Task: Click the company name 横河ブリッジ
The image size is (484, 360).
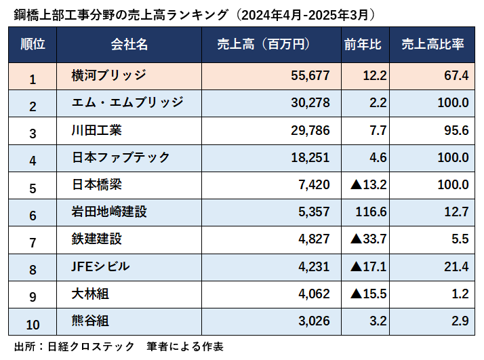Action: click(x=108, y=75)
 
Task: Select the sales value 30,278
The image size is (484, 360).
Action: click(x=309, y=102)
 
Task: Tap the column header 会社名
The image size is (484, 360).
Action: click(x=129, y=45)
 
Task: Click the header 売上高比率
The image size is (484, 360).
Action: click(x=432, y=45)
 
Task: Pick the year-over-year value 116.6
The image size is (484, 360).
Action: click(x=370, y=212)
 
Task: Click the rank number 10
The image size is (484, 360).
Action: click(x=33, y=321)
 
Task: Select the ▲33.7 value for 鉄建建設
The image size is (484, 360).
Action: click(x=368, y=239)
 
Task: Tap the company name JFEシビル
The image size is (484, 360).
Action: click(x=100, y=266)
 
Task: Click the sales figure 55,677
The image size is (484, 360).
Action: click(x=309, y=75)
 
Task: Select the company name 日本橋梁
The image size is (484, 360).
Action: click(x=97, y=184)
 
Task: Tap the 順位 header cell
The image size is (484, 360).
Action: click(x=33, y=45)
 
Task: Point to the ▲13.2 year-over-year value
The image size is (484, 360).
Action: click(x=368, y=184)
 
